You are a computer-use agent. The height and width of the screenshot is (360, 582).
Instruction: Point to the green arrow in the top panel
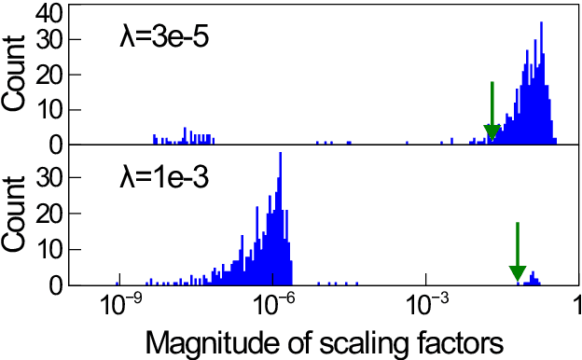pyautogui.click(x=492, y=112)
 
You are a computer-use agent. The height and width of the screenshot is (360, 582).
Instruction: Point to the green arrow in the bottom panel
pyautogui.click(x=518, y=252)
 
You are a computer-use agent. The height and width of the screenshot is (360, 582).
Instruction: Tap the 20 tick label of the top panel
pyautogui.click(x=51, y=76)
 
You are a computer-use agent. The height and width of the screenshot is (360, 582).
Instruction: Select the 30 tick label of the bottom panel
pyautogui.click(x=51, y=176)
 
